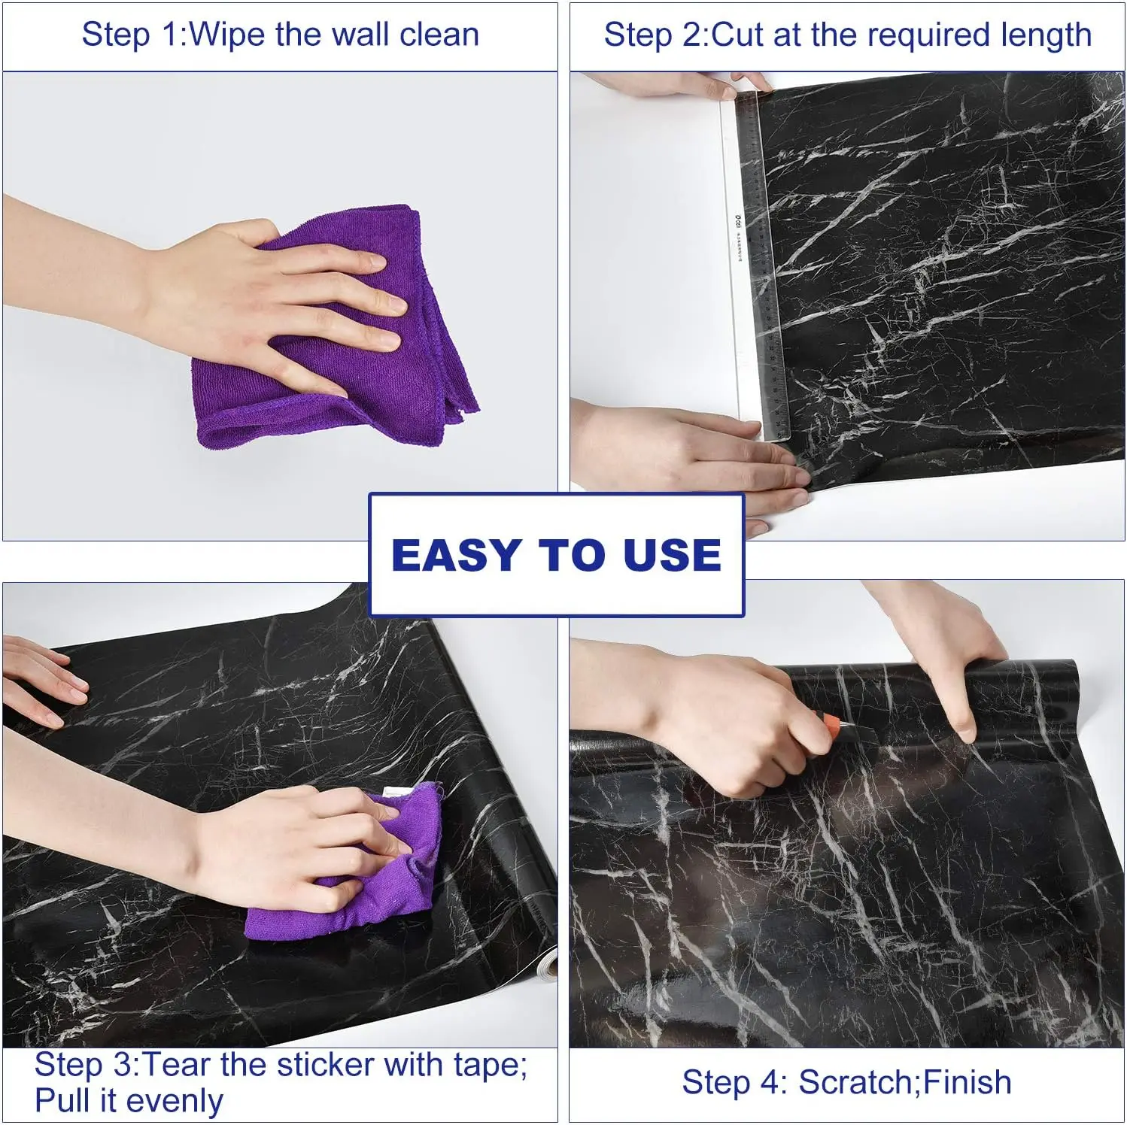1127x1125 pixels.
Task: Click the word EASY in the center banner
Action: tap(456, 556)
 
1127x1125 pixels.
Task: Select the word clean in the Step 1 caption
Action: tap(439, 35)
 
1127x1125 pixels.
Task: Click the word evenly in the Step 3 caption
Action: tap(181, 1101)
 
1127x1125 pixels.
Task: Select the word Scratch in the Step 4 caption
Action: tap(855, 1083)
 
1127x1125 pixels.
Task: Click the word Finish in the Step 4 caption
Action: tap(968, 1083)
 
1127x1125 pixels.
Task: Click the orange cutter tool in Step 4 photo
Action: tap(831, 725)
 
